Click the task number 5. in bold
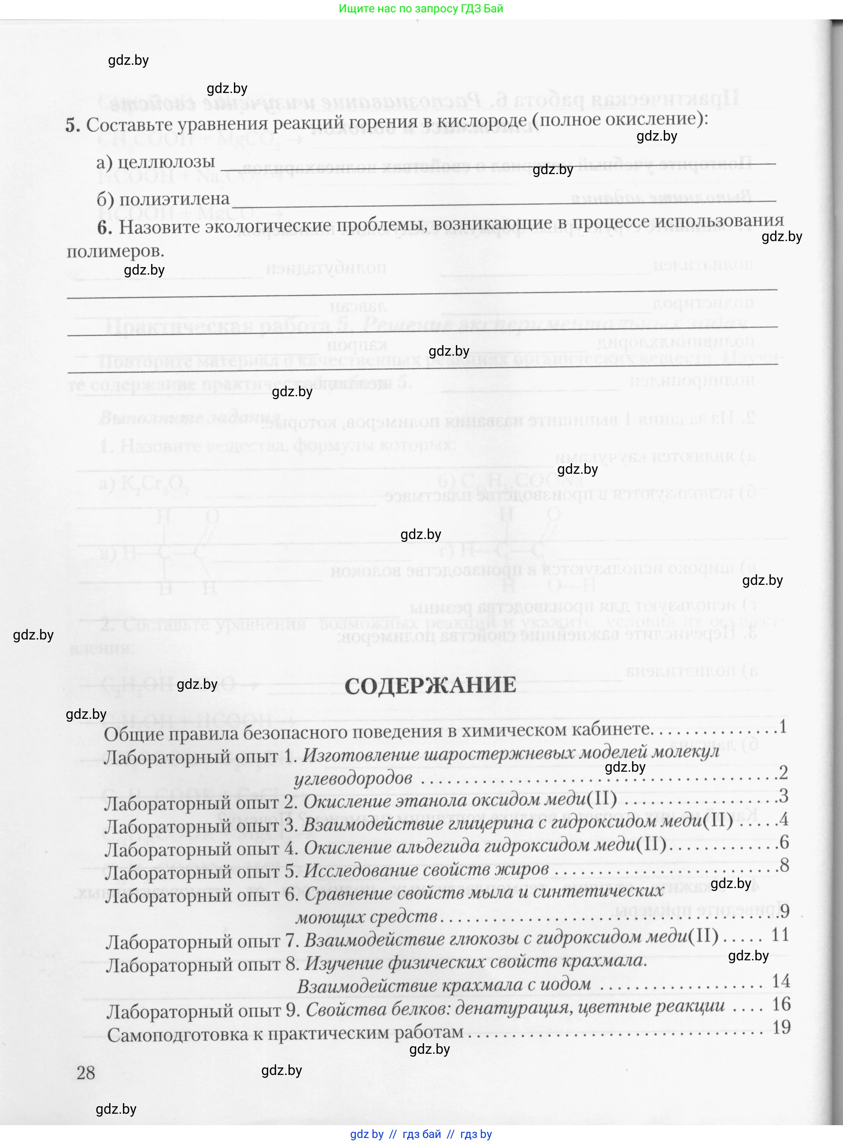point(73,125)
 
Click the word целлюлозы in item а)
point(166,162)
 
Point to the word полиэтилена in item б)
point(174,199)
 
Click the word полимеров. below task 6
point(115,251)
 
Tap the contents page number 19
point(781,1026)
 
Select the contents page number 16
point(781,1004)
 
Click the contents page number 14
point(781,981)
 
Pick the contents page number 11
point(780,935)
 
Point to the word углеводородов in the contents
point(353,777)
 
